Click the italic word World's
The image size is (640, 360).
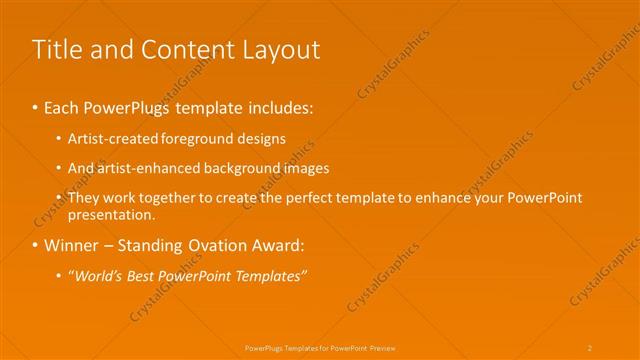tap(96, 276)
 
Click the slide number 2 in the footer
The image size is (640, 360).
tap(590, 347)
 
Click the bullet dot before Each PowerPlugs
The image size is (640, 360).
tap(35, 107)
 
